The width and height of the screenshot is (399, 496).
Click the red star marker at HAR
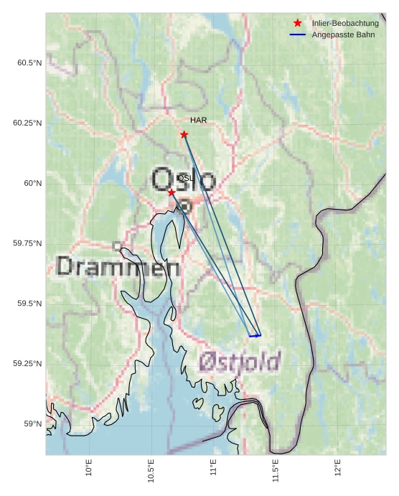coord(184,134)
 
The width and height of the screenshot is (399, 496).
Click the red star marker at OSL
coord(172,192)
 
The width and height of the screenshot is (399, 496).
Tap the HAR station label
coord(198,121)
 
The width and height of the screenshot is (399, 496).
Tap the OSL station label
coord(184,178)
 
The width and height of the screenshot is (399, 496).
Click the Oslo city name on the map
coord(184,179)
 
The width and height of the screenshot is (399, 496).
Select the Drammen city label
coord(118,267)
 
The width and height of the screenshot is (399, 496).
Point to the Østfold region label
coord(240,361)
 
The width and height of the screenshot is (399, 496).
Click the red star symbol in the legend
coord(298,24)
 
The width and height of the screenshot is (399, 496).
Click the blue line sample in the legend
coord(298,34)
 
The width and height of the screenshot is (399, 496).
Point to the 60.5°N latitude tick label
coord(29,63)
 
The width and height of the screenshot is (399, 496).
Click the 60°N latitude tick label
coord(33,183)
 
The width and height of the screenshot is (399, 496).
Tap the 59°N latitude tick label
coord(33,424)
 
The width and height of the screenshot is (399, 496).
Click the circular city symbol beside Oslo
coord(185,206)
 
